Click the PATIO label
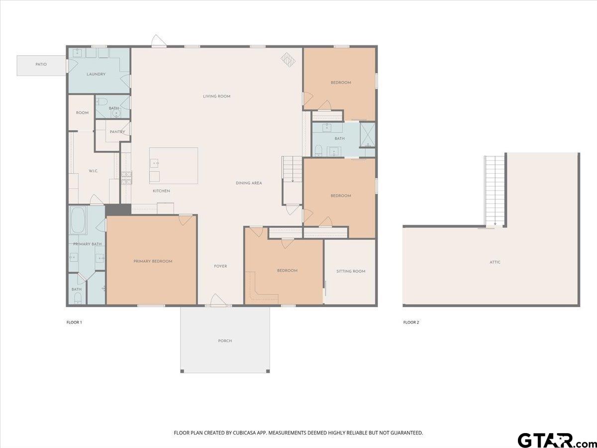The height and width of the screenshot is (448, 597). pyautogui.click(x=41, y=65)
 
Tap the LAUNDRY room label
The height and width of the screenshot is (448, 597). pyautogui.click(x=96, y=74)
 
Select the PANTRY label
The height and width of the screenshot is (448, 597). pyautogui.click(x=117, y=132)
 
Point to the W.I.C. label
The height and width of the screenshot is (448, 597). pyautogui.click(x=94, y=171)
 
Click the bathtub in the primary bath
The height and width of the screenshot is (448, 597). pyautogui.click(x=78, y=221)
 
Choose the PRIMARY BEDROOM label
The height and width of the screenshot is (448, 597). pyautogui.click(x=153, y=261)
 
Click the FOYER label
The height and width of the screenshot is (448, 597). pyautogui.click(x=220, y=266)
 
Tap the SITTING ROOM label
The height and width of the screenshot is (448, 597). pyautogui.click(x=351, y=271)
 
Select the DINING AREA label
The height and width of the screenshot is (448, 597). pyautogui.click(x=249, y=183)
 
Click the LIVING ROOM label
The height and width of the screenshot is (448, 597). pyautogui.click(x=217, y=96)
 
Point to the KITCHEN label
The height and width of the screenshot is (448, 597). pyautogui.click(x=161, y=191)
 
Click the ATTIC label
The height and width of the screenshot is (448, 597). pyautogui.click(x=495, y=262)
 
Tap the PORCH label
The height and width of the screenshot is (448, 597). pyautogui.click(x=225, y=341)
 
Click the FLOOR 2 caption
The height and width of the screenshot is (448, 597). pyautogui.click(x=411, y=323)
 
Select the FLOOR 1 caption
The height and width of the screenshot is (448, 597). pyautogui.click(x=74, y=323)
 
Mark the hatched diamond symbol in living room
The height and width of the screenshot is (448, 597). pyautogui.click(x=288, y=59)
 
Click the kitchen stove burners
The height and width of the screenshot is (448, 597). pyautogui.click(x=126, y=178)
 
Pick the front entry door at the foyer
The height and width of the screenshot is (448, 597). pyautogui.click(x=218, y=300)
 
